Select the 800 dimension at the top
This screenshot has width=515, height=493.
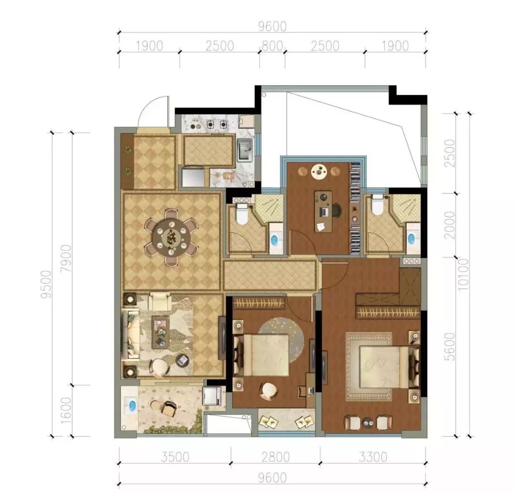[272, 46]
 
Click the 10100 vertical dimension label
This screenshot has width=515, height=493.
[463, 274]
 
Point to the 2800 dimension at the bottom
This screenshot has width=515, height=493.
[276, 457]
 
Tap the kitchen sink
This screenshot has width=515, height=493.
[245, 149]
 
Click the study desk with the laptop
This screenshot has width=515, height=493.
[323, 212]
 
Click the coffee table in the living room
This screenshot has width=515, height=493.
[161, 332]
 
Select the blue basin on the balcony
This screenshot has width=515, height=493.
[132, 405]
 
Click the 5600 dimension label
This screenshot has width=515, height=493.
[450, 346]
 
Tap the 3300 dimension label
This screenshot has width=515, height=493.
[373, 457]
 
